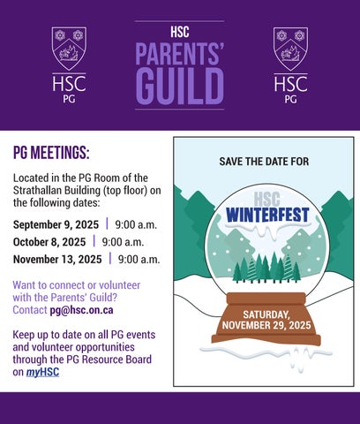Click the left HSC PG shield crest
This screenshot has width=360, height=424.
[x=69, y=49]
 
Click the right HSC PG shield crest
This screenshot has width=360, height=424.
[x=290, y=49]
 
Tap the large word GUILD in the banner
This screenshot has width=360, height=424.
[x=180, y=87]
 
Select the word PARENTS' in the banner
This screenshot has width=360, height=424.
[x=180, y=53]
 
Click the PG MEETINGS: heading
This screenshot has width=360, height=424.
[x=51, y=153]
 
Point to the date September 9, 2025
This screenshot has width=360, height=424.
[x=56, y=225]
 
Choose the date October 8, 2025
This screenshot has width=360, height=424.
[x=49, y=242]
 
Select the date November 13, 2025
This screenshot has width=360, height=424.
[x=57, y=260]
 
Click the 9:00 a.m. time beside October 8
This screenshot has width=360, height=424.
[x=123, y=242]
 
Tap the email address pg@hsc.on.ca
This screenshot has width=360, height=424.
[x=81, y=310]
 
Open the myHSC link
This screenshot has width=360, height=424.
[x=42, y=372]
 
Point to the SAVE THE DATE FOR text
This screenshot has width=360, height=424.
[x=264, y=162]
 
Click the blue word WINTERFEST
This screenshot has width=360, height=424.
[x=267, y=215]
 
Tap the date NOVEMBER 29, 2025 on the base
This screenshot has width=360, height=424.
[x=266, y=325]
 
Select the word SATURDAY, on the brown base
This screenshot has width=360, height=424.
[x=266, y=314]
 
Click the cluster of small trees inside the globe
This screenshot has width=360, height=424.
[x=266, y=268]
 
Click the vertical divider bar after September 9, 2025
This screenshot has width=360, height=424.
[x=107, y=223]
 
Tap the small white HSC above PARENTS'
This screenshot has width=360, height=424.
[x=180, y=32]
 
